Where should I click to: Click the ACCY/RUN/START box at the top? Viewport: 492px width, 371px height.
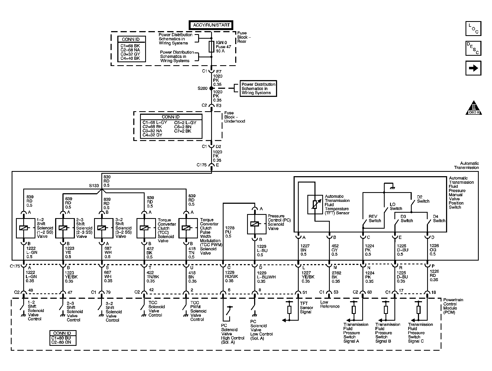[211, 25]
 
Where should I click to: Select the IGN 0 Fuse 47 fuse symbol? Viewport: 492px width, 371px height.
[211, 47]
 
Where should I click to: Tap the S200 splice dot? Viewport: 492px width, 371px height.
[211, 88]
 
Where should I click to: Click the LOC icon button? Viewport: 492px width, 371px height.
[473, 28]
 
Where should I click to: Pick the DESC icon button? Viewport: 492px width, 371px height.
[473, 48]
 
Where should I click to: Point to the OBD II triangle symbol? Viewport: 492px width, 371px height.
[474, 108]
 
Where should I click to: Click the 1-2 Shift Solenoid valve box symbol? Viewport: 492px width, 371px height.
[26, 228]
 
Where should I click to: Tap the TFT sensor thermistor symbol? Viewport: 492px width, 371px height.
[315, 204]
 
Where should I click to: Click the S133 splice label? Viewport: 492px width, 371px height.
[94, 186]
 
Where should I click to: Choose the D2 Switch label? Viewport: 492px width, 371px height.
[423, 199]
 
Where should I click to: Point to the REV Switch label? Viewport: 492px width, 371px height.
[375, 219]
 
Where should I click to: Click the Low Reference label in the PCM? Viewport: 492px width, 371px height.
[330, 304]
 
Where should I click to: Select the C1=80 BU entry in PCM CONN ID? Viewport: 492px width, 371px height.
[61, 338]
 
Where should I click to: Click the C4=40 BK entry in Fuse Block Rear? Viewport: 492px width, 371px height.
[130, 58]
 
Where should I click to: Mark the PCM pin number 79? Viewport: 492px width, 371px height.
[108, 292]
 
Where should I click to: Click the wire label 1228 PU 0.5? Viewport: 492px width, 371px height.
[230, 232]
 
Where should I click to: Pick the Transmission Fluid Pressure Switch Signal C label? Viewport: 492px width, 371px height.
[420, 333]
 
